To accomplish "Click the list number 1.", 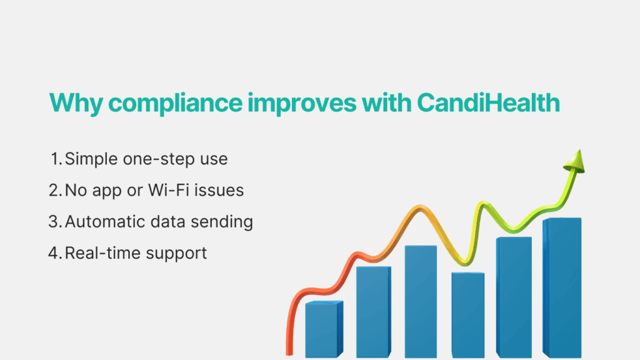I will [55, 159].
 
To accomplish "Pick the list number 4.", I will [54, 253].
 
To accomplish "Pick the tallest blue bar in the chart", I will [562, 287].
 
